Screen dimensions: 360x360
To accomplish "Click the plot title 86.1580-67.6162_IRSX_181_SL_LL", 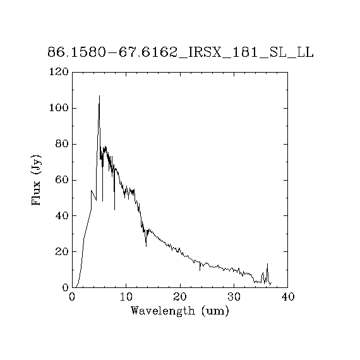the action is point(181,52).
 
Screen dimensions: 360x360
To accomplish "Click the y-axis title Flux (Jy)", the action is point(36,180).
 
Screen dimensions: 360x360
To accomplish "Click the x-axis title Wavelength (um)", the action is point(180,311).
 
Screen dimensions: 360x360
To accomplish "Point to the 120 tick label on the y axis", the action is point(59,72).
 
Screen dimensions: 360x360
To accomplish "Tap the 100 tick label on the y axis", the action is point(59,108).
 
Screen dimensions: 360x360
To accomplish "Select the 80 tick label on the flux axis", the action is point(62,144).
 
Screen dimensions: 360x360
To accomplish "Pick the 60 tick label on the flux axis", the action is point(62,180).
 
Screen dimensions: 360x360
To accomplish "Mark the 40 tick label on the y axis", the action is point(62,216).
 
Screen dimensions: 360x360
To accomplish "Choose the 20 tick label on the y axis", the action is point(62,252).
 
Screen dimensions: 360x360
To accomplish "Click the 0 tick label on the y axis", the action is point(66,287).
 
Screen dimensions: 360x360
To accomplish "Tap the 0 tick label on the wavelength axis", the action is point(72,297).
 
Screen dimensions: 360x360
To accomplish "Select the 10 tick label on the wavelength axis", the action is point(126,297).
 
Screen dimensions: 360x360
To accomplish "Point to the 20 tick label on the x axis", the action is point(180,297).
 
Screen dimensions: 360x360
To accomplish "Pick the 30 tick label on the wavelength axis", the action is point(234,297).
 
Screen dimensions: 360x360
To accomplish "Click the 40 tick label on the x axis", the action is point(287,297).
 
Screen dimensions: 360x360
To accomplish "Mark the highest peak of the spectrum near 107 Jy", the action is point(99,96).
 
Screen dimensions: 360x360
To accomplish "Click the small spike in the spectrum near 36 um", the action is point(267,264).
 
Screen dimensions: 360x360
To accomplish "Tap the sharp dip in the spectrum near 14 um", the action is point(147,246).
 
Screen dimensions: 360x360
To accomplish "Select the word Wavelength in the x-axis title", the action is point(163,311).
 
